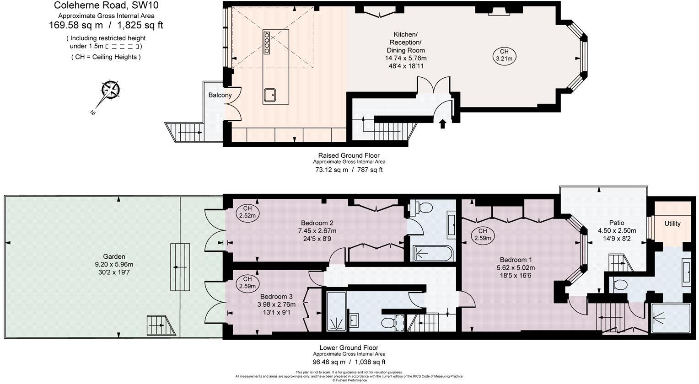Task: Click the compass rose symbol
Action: [110, 89]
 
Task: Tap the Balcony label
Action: [220, 95]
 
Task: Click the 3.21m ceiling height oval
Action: [504, 55]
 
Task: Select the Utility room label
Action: [672, 224]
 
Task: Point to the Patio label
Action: [616, 223]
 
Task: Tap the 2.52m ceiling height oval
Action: [247, 212]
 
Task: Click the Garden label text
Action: [114, 256]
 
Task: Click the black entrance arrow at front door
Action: [442, 123]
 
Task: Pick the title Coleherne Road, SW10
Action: [107, 5]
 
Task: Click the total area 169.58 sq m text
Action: [75, 26]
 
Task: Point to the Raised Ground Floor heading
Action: [349, 155]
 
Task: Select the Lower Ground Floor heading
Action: [349, 347]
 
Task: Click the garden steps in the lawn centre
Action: [180, 267]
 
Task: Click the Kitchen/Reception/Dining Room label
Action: [405, 43]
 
